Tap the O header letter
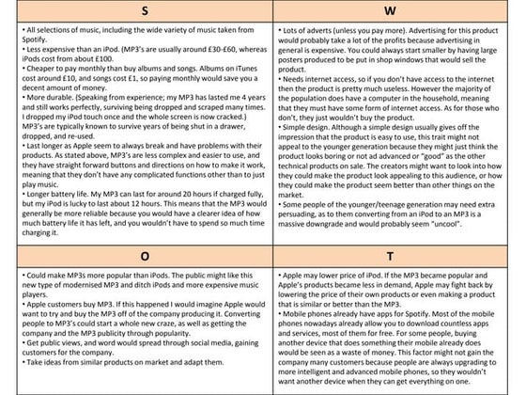(131, 253)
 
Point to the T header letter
(394, 253)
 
